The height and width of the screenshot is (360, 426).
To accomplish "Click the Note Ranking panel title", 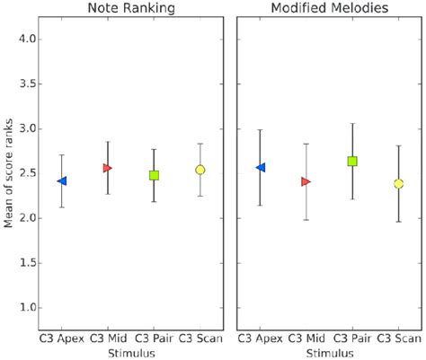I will (130, 8).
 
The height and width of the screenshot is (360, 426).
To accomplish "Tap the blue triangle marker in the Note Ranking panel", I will (61, 180).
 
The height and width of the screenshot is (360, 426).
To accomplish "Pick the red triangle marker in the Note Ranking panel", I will (108, 168).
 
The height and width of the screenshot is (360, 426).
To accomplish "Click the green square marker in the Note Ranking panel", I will (154, 175).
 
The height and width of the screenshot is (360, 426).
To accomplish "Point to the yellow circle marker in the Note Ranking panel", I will (200, 170).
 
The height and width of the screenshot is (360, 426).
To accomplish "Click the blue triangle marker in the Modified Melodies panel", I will (261, 168).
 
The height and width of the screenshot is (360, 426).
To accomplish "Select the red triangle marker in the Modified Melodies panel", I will (306, 181).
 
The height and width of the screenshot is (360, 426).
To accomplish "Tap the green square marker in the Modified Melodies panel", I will (352, 162).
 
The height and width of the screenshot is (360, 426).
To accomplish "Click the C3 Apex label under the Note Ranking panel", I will (61, 338).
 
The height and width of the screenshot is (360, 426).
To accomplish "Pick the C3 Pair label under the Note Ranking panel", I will (154, 338).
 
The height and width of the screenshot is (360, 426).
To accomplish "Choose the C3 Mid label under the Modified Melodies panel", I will (306, 338).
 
